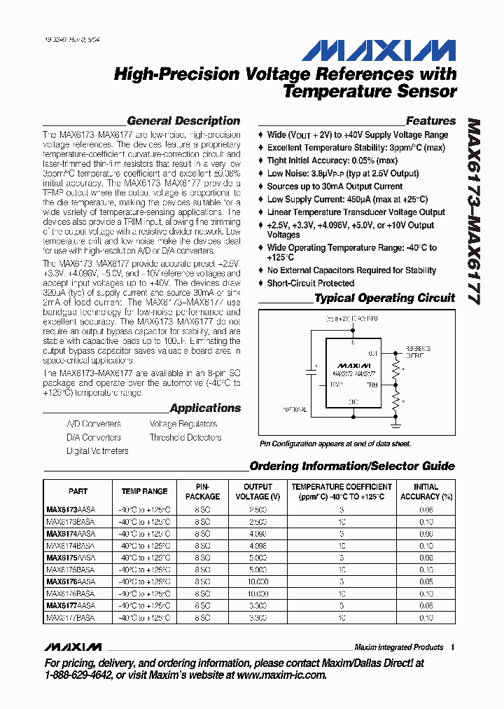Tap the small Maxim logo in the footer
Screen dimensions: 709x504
[73, 647]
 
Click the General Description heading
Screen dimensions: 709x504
[183, 121]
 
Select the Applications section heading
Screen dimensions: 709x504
[204, 408]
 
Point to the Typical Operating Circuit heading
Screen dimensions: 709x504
[384, 298]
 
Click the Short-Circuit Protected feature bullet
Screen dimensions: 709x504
[310, 283]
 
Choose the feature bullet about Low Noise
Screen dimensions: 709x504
[342, 173]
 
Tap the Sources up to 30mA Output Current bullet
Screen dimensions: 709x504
[335, 186]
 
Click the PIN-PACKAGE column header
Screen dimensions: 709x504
[202, 491]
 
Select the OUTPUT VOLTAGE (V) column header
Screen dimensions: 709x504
[258, 491]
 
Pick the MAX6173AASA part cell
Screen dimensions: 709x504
[71, 510]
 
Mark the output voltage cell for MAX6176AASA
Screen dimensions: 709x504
[258, 581]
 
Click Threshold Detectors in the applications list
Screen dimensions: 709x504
[185, 437]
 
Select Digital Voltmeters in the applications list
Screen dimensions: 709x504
[97, 451]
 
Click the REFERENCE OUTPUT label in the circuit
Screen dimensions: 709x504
[419, 351]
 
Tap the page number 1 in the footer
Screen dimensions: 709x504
[452, 647]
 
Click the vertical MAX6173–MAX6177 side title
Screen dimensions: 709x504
[474, 210]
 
